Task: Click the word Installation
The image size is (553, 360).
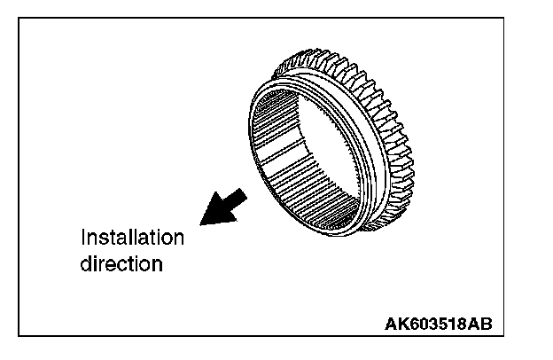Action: point(132,238)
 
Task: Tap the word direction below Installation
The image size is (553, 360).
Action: point(121,264)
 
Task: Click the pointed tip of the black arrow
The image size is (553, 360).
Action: point(203,221)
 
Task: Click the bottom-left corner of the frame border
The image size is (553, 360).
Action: point(19,336)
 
